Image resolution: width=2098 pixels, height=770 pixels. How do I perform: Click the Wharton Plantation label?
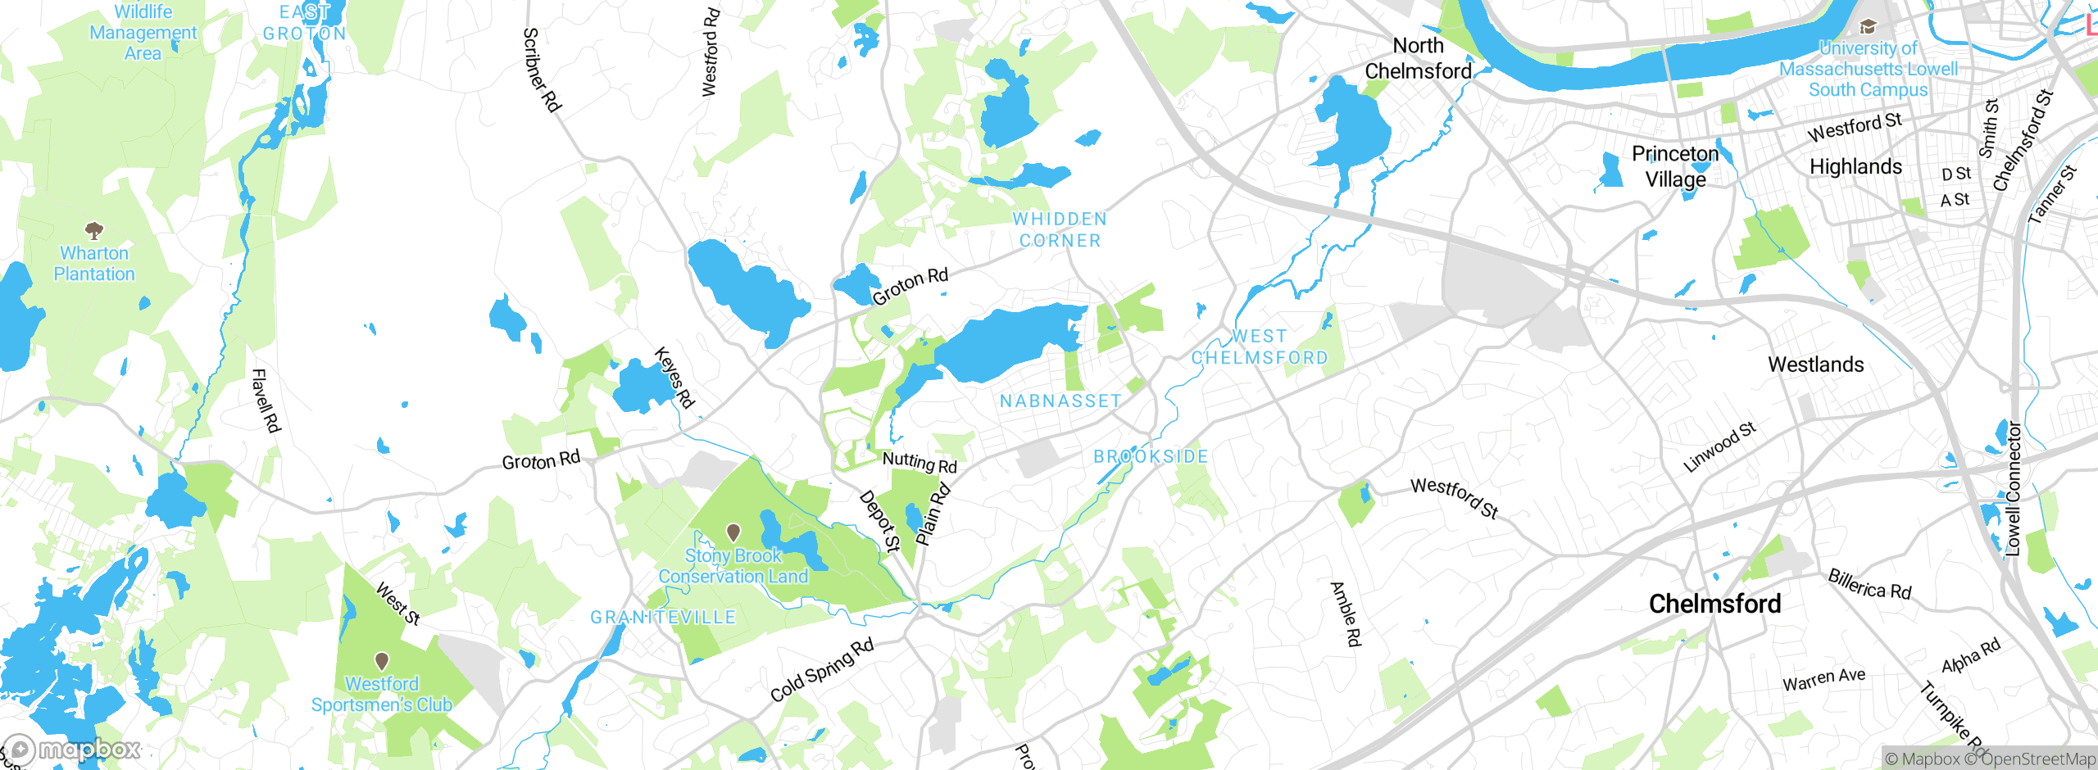94,264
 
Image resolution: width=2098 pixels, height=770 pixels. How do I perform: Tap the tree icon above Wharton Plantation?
94,229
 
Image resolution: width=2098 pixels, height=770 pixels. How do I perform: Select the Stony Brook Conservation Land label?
733,566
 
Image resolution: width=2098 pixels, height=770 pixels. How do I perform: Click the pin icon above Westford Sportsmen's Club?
382,660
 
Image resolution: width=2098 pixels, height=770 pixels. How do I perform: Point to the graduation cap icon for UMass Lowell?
1868,27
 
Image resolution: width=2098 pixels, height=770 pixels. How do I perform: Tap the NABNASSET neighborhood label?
1060,401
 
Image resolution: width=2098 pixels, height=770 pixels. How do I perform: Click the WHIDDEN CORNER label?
1060,230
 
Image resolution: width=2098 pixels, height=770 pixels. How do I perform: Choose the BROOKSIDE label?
1151,457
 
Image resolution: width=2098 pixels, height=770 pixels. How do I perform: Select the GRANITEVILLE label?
664,618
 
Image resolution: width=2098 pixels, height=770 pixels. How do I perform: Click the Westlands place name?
1816,365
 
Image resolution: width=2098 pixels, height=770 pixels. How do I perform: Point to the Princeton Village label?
1675,166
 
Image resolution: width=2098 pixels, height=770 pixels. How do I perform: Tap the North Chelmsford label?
1419,58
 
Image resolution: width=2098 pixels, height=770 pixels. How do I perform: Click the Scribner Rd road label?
542,70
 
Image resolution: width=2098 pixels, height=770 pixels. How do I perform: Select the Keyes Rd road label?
674,378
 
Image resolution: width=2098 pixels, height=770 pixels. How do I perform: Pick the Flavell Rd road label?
266,401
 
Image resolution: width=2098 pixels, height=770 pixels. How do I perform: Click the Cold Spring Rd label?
822,670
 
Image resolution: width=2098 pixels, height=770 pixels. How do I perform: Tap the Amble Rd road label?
1346,614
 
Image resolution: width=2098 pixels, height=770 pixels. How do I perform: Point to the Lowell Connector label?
2013,489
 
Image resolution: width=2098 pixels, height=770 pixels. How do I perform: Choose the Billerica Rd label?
1869,584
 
